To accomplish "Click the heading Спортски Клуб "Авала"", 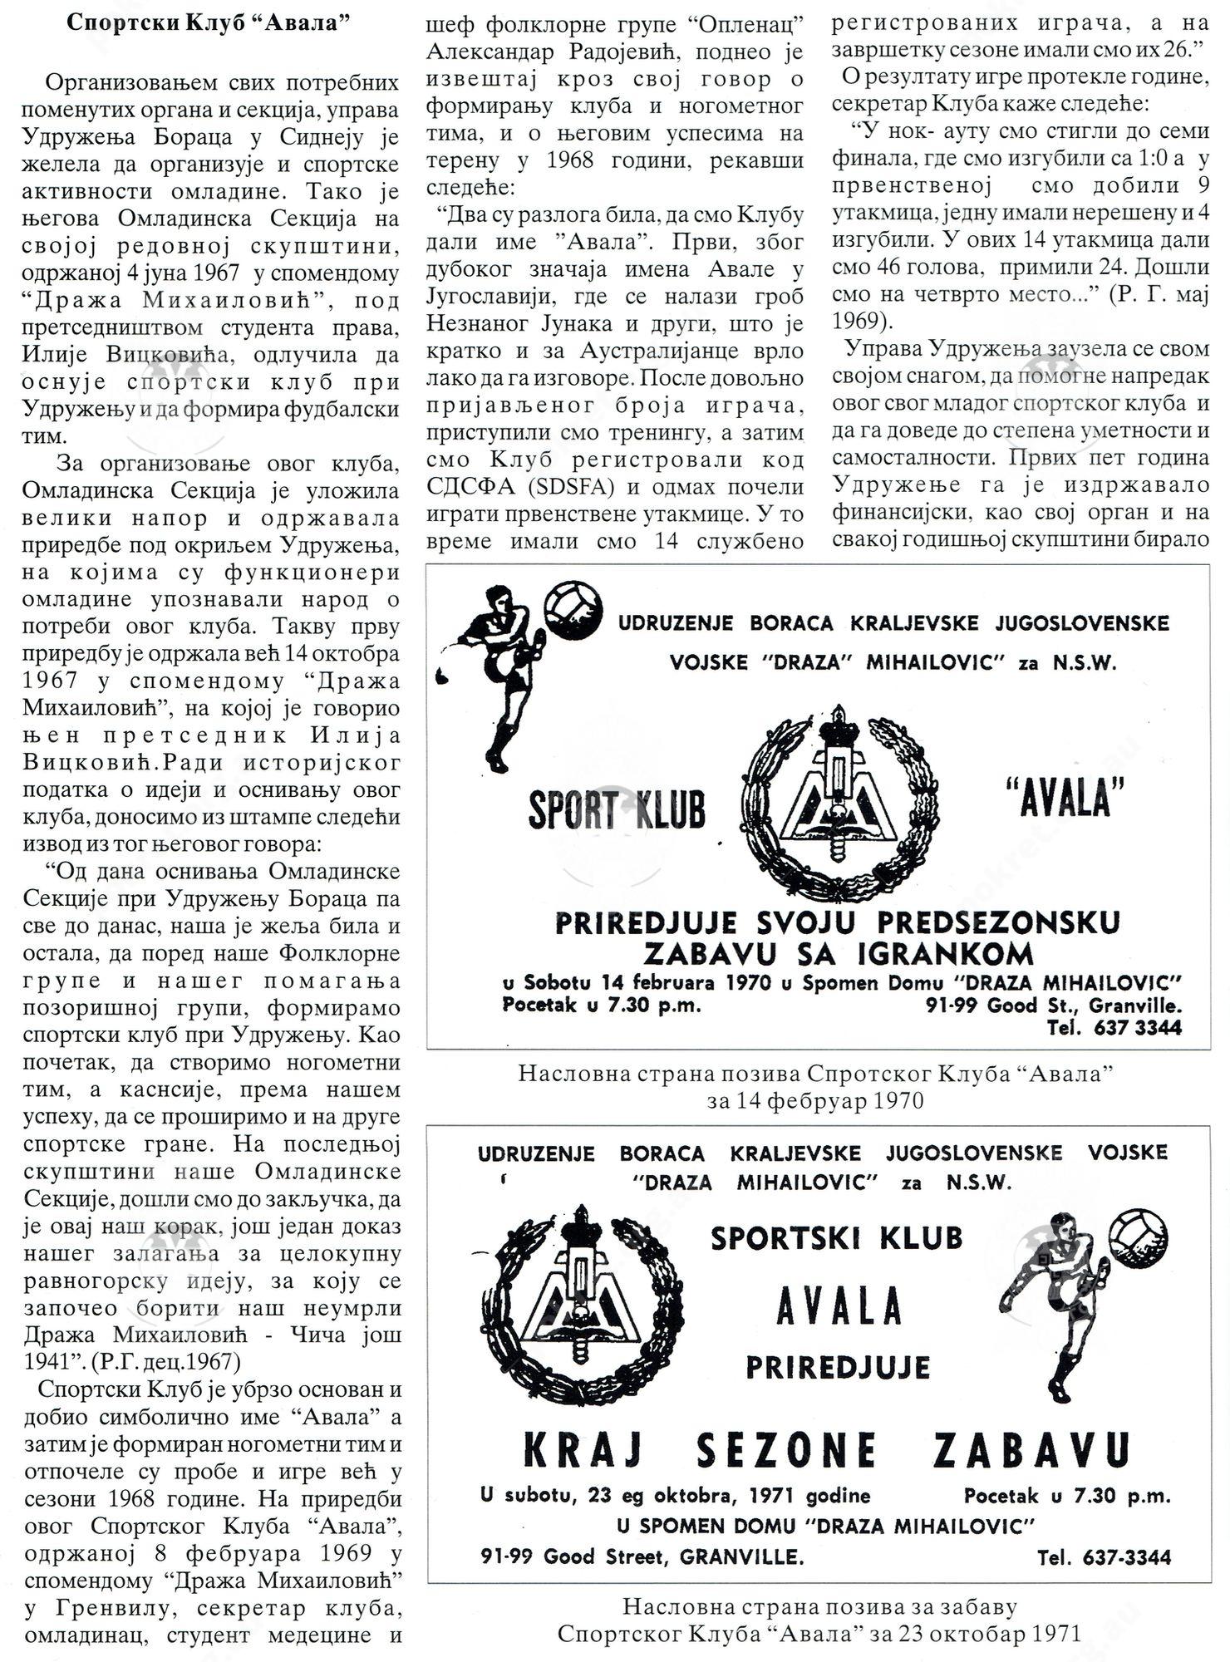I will click(207, 22).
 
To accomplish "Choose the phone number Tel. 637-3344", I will click(1104, 1557).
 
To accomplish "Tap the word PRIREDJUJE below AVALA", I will click(837, 1367).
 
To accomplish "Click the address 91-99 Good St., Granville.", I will click(1053, 1006).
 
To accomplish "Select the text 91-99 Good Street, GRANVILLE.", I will click(642, 1556).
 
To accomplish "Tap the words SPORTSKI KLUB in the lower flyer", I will click(836, 1238).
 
